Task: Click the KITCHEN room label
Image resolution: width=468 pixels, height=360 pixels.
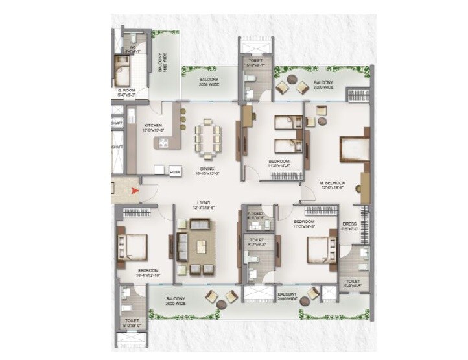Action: click(153, 126)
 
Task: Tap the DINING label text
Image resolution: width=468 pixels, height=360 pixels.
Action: click(207, 169)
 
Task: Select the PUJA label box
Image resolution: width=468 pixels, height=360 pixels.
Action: click(174, 172)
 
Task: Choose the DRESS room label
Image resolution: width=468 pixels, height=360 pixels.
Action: click(350, 224)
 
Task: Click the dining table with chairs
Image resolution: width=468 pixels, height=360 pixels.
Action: click(207, 137)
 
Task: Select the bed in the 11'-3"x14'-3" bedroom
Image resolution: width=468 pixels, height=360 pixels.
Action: click(316, 248)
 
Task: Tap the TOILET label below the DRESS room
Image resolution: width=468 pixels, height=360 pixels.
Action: click(353, 283)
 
